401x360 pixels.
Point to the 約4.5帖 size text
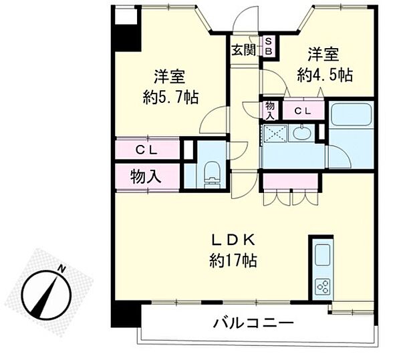pyautogui.click(x=325, y=75)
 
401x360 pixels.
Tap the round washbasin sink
pyautogui.click(x=301, y=132)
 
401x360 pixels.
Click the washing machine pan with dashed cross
pyautogui.click(x=275, y=132)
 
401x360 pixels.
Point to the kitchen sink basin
pyautogui.click(x=321, y=256)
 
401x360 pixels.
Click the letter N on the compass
pyautogui.click(x=61, y=268)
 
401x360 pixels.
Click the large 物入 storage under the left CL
pyautogui.click(x=146, y=177)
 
